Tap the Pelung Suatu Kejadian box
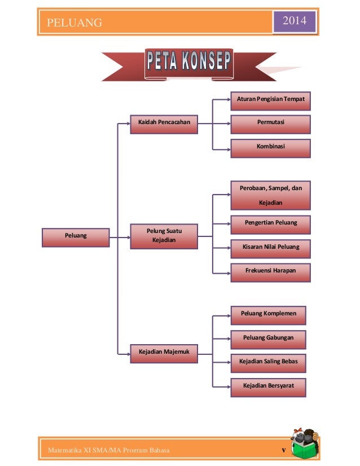click(164, 236)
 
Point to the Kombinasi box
click(271, 147)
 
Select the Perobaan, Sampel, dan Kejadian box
click(271, 195)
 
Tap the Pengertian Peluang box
click(271, 223)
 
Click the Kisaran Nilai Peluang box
click(271, 248)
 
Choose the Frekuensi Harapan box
click(271, 271)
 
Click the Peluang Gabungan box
click(269, 338)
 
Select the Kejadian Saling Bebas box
click(269, 362)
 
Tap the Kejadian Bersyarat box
click(269, 386)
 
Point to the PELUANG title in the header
click(74, 23)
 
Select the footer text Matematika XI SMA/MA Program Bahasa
click(108, 450)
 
